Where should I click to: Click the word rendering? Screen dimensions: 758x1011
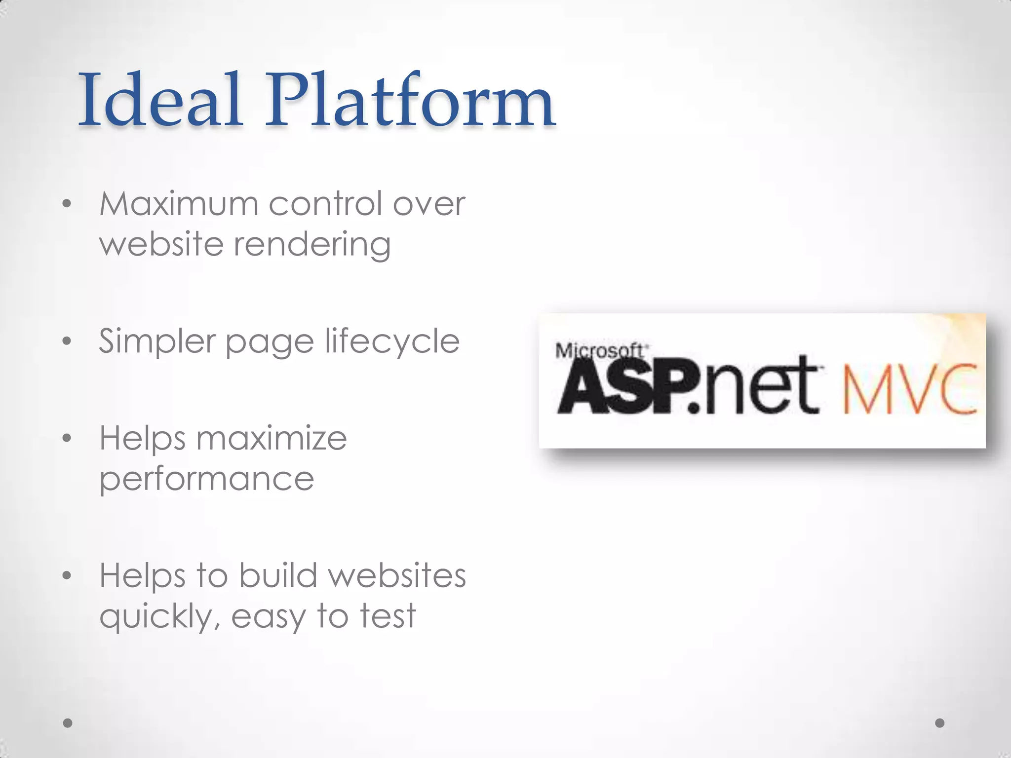(312, 245)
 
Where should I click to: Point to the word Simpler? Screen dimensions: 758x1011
(157, 341)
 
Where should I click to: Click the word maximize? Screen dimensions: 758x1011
(272, 438)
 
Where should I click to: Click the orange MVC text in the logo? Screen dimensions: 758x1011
(910, 389)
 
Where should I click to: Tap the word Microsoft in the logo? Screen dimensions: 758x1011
(600, 351)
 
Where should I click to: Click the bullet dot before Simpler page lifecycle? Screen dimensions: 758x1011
(68, 341)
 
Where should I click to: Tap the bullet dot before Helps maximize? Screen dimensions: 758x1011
(68, 438)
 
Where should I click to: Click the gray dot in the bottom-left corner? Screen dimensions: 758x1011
(68, 723)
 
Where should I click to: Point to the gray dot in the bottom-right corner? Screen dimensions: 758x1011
(940, 723)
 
